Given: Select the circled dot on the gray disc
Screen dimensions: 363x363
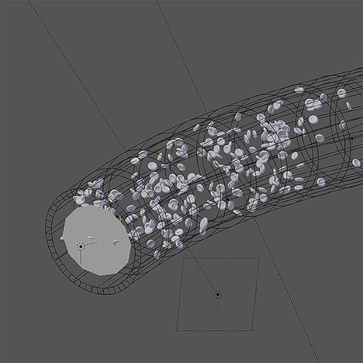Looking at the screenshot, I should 80,246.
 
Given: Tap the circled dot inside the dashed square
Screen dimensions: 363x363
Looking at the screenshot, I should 218,295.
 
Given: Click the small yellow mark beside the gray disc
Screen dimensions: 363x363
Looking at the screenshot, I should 120,217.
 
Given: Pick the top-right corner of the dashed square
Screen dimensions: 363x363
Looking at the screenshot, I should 258,259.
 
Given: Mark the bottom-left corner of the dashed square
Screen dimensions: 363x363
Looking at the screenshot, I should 177,330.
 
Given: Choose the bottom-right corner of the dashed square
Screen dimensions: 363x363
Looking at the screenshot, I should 252,330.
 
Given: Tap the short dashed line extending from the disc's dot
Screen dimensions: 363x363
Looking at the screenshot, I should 90,243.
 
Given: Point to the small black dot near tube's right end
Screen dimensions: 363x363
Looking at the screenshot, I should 352,138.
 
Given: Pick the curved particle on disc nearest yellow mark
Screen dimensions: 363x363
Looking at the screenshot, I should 116,243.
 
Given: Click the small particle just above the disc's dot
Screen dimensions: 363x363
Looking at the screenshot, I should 90,237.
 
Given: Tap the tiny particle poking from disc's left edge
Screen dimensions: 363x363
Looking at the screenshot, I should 63,238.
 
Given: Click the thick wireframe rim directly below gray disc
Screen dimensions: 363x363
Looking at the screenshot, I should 103,284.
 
